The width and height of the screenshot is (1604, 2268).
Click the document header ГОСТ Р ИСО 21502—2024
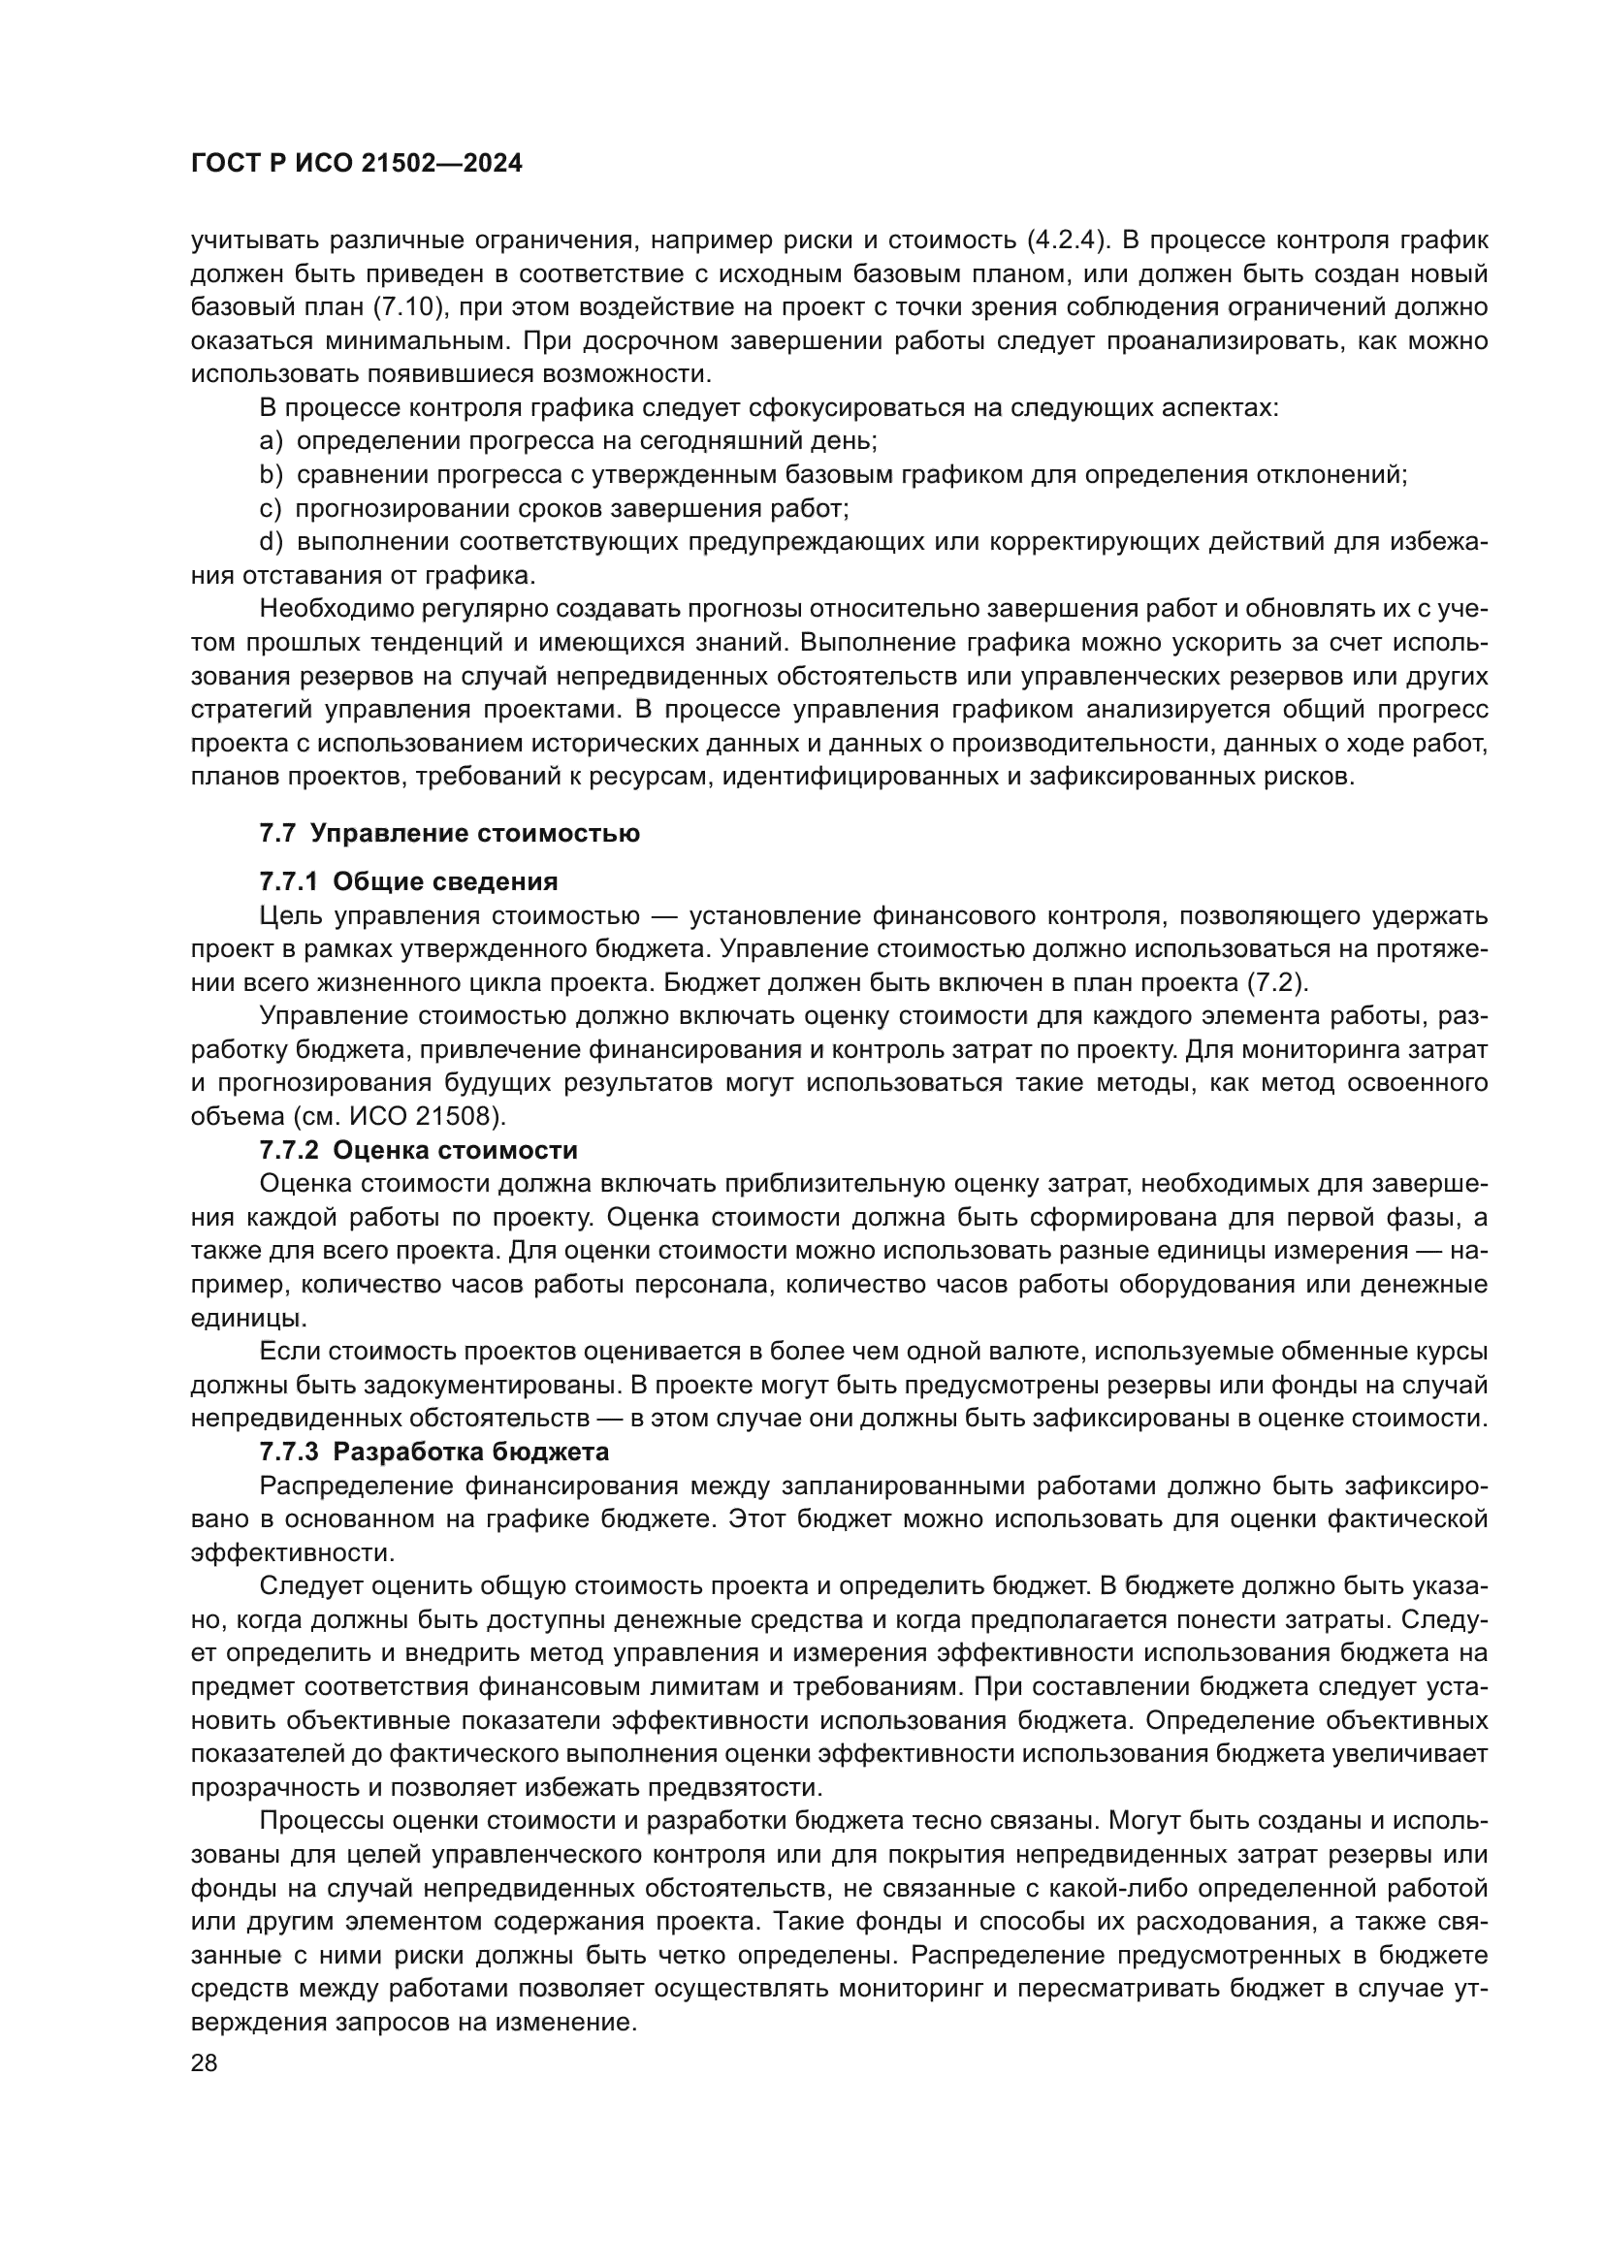click(x=357, y=164)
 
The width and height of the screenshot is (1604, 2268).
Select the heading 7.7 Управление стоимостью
click(x=449, y=833)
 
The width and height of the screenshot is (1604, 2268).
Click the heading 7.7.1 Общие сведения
click(x=409, y=881)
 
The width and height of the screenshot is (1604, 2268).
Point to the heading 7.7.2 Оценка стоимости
click(x=419, y=1150)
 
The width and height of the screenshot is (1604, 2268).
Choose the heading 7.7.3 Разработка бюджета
click(x=434, y=1453)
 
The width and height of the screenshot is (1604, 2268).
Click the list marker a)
click(x=271, y=440)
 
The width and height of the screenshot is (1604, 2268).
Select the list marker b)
click(x=271, y=475)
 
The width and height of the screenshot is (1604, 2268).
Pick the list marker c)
click(x=271, y=509)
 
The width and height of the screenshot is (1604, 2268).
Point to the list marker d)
click(x=271, y=542)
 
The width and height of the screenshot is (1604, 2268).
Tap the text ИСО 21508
click(x=438, y=1117)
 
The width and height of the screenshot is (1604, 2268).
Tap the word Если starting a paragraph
click(x=288, y=1352)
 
